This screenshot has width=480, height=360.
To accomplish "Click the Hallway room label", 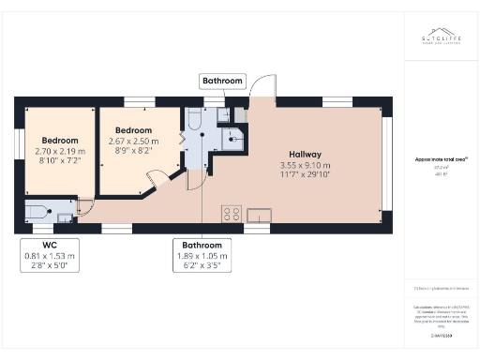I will tap(306, 155).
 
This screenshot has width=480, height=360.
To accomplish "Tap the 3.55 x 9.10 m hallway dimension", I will tap(306, 164).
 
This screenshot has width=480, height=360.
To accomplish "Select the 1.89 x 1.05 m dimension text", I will tap(202, 255).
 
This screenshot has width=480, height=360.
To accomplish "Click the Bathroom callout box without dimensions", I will tap(223, 82).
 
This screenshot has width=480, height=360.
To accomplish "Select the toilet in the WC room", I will tap(40, 212).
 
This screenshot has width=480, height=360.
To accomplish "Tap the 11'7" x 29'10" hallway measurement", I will tap(306, 173).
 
